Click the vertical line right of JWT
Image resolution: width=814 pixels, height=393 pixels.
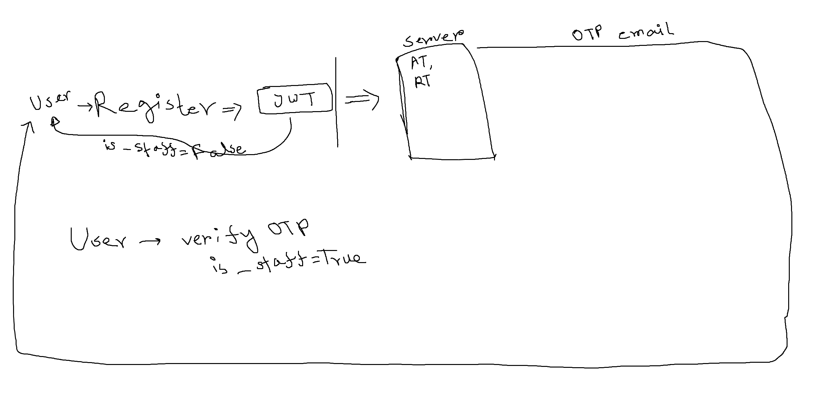tap(336, 102)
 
